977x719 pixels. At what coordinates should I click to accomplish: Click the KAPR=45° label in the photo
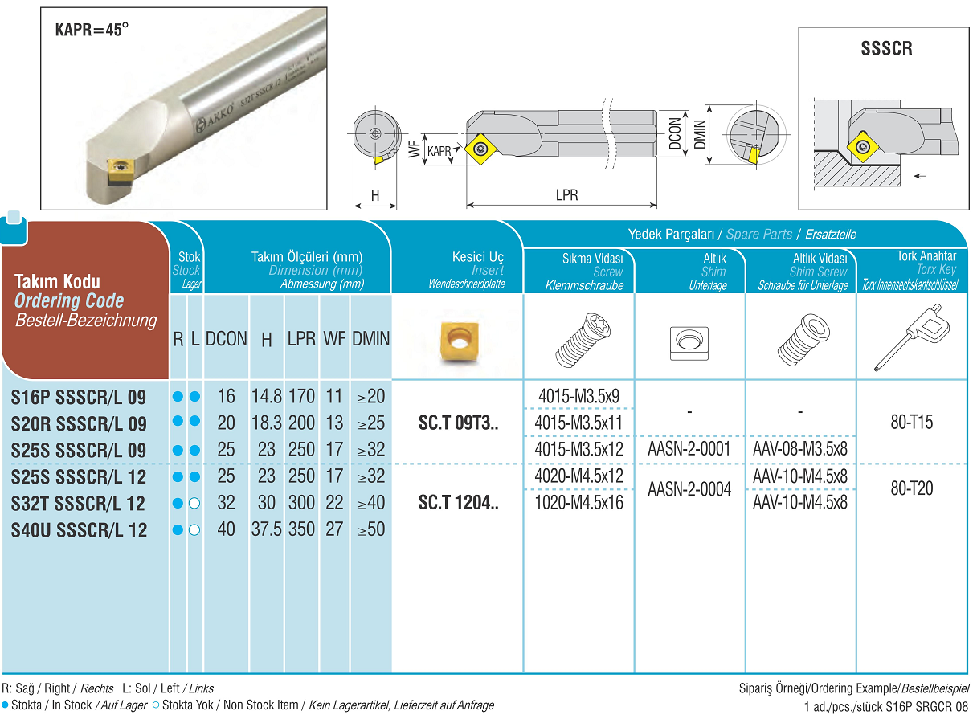(x=92, y=31)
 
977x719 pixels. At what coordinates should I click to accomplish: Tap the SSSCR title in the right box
(x=886, y=48)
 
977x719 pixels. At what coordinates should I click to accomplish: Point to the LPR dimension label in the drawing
(x=566, y=195)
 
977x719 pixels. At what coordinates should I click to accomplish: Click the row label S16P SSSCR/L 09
(x=80, y=397)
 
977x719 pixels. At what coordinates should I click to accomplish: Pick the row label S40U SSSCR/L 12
(x=80, y=530)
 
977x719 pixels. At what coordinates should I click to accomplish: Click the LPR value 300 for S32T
(x=301, y=503)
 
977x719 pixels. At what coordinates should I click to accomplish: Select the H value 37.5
(x=267, y=530)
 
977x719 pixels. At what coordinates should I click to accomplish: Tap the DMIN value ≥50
(x=370, y=530)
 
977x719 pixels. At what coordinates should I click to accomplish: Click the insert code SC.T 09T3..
(x=459, y=423)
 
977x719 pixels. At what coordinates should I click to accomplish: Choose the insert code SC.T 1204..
(x=459, y=504)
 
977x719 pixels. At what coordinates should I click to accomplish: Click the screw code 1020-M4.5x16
(x=578, y=503)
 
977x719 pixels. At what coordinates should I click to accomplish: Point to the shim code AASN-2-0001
(x=689, y=449)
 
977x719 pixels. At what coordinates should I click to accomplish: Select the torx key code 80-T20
(x=912, y=488)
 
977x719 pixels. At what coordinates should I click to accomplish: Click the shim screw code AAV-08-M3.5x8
(x=800, y=449)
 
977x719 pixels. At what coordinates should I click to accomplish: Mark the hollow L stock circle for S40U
(x=194, y=530)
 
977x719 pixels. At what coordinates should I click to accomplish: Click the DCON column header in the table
(x=227, y=339)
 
